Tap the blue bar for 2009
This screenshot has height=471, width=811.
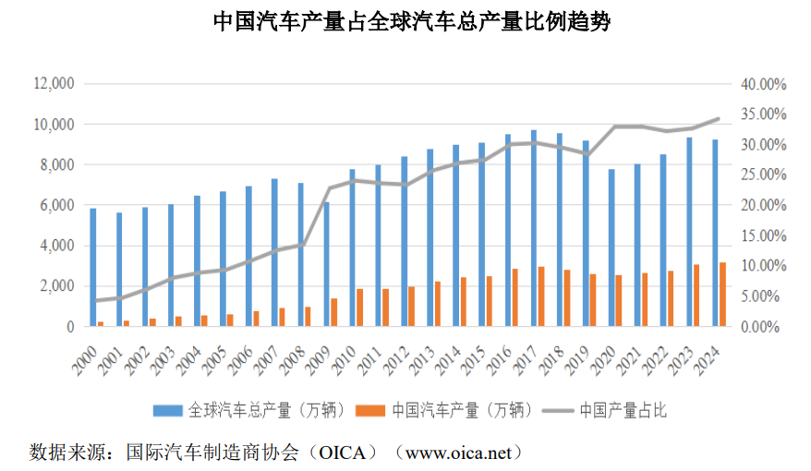coord(326,264)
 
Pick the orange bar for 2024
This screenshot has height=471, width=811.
coord(723,295)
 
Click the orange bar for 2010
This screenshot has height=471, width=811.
coord(360,308)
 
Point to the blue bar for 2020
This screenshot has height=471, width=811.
coord(611,248)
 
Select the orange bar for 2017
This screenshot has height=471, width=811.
coord(541,296)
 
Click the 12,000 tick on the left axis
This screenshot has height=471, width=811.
coord(53,84)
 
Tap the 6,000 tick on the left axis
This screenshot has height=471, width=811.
coord(57,205)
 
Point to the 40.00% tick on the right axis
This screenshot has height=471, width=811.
coord(763,84)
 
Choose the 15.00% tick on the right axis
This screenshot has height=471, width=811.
coord(763,235)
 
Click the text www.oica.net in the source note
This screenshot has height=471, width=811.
coord(457,453)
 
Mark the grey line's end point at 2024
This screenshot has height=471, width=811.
coord(720,118)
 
